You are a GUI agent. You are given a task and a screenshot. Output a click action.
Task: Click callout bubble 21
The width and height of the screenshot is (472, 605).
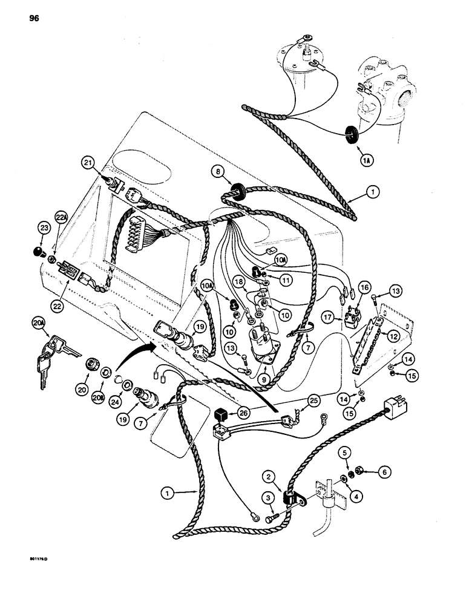(89, 162)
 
